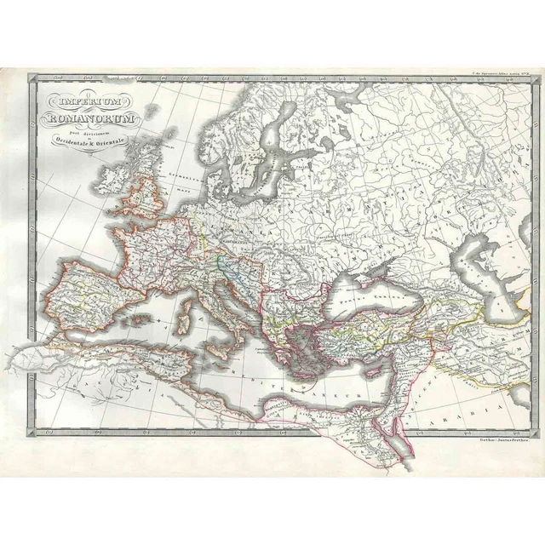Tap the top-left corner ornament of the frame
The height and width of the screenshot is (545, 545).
(x=33, y=80)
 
